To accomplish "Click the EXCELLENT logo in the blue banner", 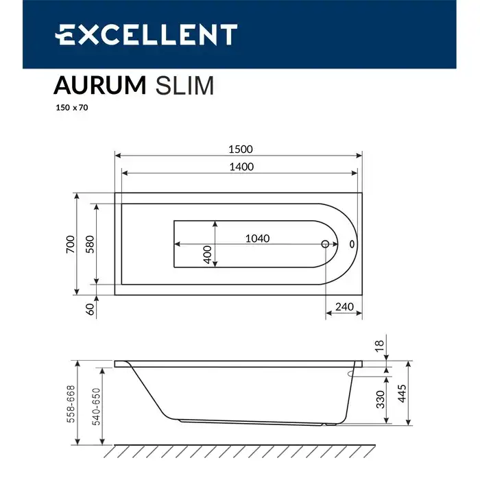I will click(x=146, y=35).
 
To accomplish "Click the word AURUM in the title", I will click(x=99, y=86).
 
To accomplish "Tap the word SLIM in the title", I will click(x=185, y=86).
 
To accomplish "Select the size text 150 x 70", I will click(x=71, y=107).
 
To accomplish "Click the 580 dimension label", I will click(x=90, y=244).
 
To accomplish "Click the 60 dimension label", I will click(x=90, y=309).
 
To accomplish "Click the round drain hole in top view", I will click(x=326, y=243).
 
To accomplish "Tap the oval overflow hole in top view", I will click(x=352, y=243).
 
